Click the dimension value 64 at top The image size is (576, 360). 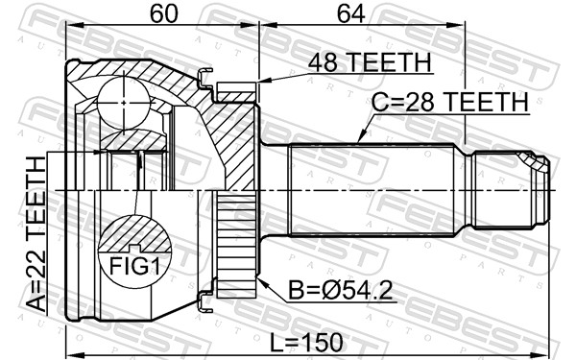coord(361,13)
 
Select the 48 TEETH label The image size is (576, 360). coord(369,64)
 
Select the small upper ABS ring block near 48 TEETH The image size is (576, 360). coord(237,92)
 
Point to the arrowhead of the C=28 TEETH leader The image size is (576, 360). coord(359,141)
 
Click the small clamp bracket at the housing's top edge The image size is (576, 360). coord(203,76)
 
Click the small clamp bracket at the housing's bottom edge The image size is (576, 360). coord(203,305)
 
